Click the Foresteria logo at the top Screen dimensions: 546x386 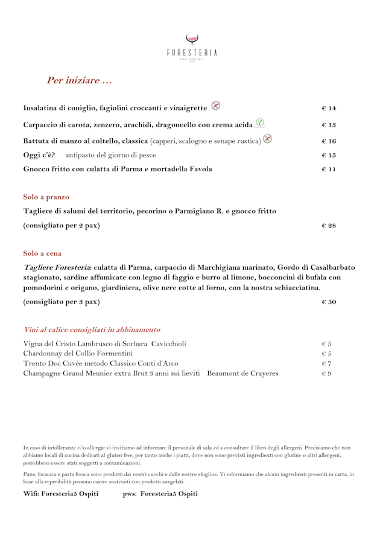coord(192,46)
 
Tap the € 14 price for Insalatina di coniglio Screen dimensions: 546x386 coord(329,108)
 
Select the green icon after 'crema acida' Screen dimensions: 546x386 coord(260,122)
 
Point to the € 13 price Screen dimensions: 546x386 coord(329,125)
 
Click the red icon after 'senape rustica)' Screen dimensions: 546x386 coord(267,139)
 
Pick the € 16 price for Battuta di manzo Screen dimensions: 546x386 coord(329,141)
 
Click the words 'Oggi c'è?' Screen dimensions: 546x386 coord(39,155)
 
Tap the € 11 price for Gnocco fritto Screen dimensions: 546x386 coord(329,170)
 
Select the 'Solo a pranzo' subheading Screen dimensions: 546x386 coord(46,197)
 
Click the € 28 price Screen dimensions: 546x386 coord(329,226)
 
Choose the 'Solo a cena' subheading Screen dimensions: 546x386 coord(42,253)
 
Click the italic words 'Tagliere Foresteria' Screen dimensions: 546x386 coord(57,267)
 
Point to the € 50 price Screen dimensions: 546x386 coord(329,302)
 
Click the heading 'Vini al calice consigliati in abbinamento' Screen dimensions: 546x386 coord(92,329)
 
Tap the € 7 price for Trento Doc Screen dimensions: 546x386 coord(327,364)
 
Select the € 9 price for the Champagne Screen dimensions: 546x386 coord(327,374)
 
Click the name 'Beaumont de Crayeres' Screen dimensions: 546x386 coord(242,374)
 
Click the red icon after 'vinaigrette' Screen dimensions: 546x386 coord(215,106)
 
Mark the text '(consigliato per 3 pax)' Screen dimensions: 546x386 coord(62,302)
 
